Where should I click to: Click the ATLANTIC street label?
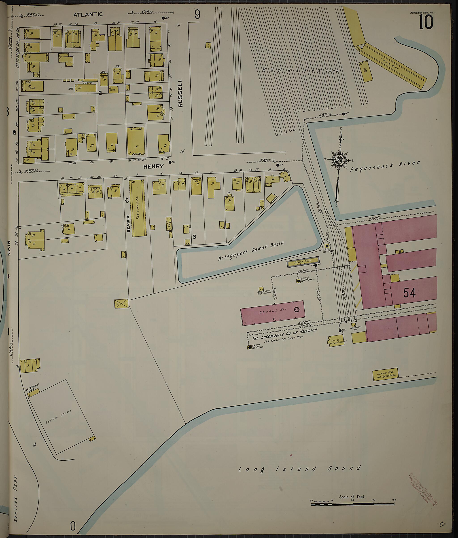(88, 15)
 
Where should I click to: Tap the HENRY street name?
(154, 166)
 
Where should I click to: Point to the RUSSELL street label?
(180, 93)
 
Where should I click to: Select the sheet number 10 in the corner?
(426, 22)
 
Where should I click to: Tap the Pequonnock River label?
(385, 166)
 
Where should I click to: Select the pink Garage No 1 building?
(272, 313)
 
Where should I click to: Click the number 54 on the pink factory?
(409, 293)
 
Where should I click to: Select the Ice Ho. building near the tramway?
(366, 71)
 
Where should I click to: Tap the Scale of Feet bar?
(352, 504)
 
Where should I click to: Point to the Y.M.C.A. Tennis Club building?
(34, 392)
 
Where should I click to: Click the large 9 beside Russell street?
(197, 14)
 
